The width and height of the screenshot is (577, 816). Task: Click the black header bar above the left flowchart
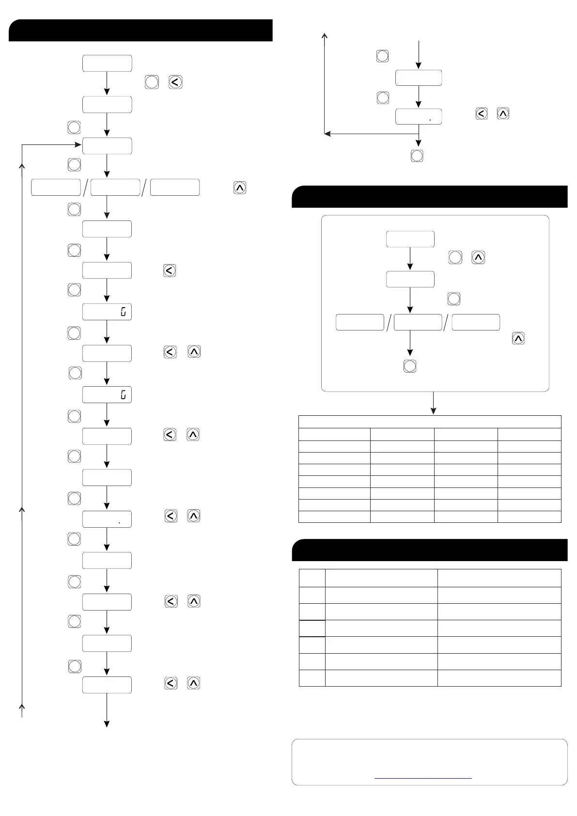(140, 31)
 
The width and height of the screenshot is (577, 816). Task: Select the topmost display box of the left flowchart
(107, 63)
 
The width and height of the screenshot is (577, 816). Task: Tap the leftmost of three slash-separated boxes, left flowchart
(56, 188)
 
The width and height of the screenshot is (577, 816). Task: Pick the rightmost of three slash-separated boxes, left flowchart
(175, 188)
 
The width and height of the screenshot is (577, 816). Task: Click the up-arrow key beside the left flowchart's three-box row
(240, 188)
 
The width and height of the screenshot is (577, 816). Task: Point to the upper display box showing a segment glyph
(107, 312)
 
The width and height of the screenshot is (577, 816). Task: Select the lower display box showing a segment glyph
(107, 395)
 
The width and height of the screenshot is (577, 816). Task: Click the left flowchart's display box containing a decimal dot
(107, 519)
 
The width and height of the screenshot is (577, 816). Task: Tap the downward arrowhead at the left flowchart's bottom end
(107, 724)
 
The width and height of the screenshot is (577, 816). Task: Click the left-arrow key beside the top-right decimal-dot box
(482, 114)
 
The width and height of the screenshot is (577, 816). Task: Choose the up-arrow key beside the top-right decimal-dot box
(503, 114)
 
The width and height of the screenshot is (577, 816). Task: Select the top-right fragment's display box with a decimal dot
(419, 117)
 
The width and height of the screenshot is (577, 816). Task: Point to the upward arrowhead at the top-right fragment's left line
(325, 35)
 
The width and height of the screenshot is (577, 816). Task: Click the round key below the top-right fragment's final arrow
(417, 156)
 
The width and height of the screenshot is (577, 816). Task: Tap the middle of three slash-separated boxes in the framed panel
(418, 322)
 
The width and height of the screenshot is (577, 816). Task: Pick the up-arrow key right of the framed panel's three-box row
(518, 338)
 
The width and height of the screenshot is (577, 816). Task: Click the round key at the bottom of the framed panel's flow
(410, 366)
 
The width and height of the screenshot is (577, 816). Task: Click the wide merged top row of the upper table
(430, 422)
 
